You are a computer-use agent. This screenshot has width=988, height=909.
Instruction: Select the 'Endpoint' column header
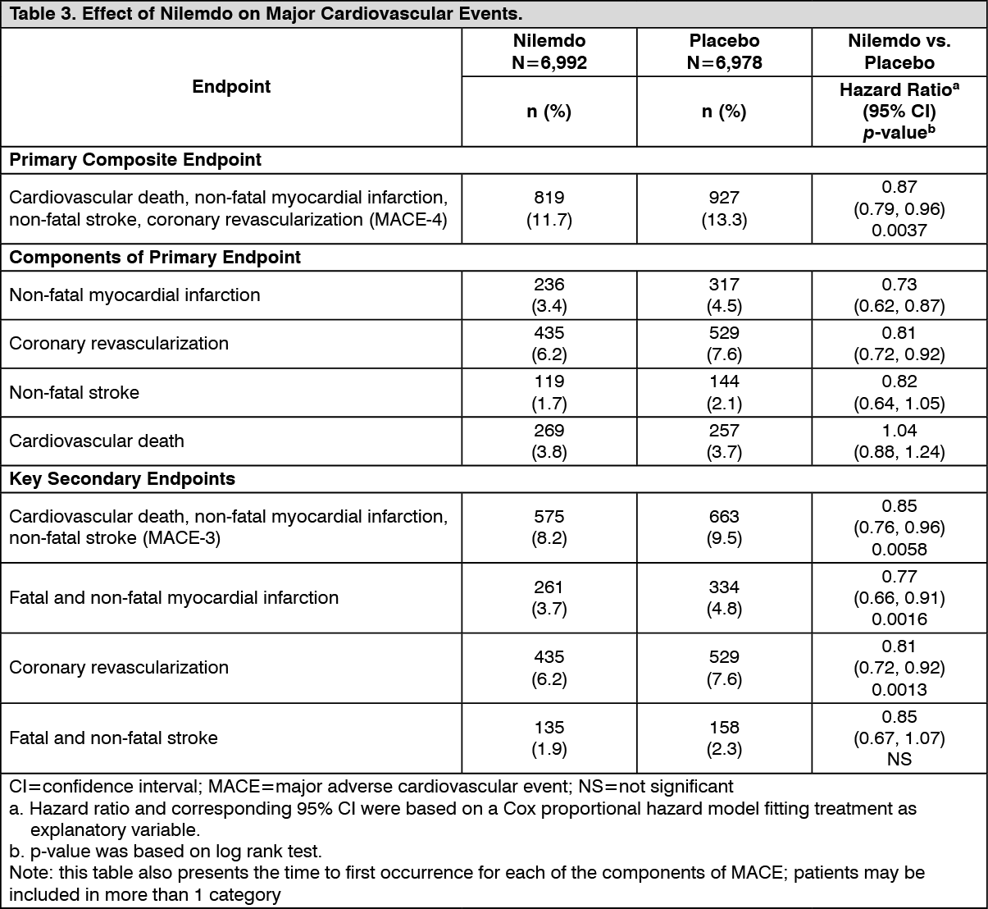231,87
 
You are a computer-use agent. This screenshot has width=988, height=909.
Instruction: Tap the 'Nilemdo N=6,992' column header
549,52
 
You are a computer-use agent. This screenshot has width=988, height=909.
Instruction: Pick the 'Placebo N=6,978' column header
724,52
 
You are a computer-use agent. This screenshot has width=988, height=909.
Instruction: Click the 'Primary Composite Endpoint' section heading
135,160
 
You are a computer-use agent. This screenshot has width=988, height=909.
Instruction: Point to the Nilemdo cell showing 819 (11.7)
549,208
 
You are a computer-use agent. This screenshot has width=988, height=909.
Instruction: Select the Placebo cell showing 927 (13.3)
724,208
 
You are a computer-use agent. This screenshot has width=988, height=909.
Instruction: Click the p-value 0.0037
899,231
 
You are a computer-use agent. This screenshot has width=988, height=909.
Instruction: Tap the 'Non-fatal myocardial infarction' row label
134,295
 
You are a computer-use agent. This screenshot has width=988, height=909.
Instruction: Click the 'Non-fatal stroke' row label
74,392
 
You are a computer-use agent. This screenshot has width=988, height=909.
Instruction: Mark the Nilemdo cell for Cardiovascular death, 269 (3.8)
549,441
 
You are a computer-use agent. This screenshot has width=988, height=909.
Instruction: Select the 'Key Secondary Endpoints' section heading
122,479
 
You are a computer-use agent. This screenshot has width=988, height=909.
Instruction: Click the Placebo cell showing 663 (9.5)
724,528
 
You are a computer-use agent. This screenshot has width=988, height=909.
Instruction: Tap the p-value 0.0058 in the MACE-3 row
899,549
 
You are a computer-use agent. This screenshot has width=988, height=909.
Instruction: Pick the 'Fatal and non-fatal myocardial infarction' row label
174,597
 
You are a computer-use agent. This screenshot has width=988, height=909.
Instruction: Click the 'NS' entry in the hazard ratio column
899,760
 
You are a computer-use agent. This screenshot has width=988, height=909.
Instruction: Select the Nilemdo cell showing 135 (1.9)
549,738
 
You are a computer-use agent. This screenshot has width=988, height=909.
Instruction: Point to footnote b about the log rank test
166,851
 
